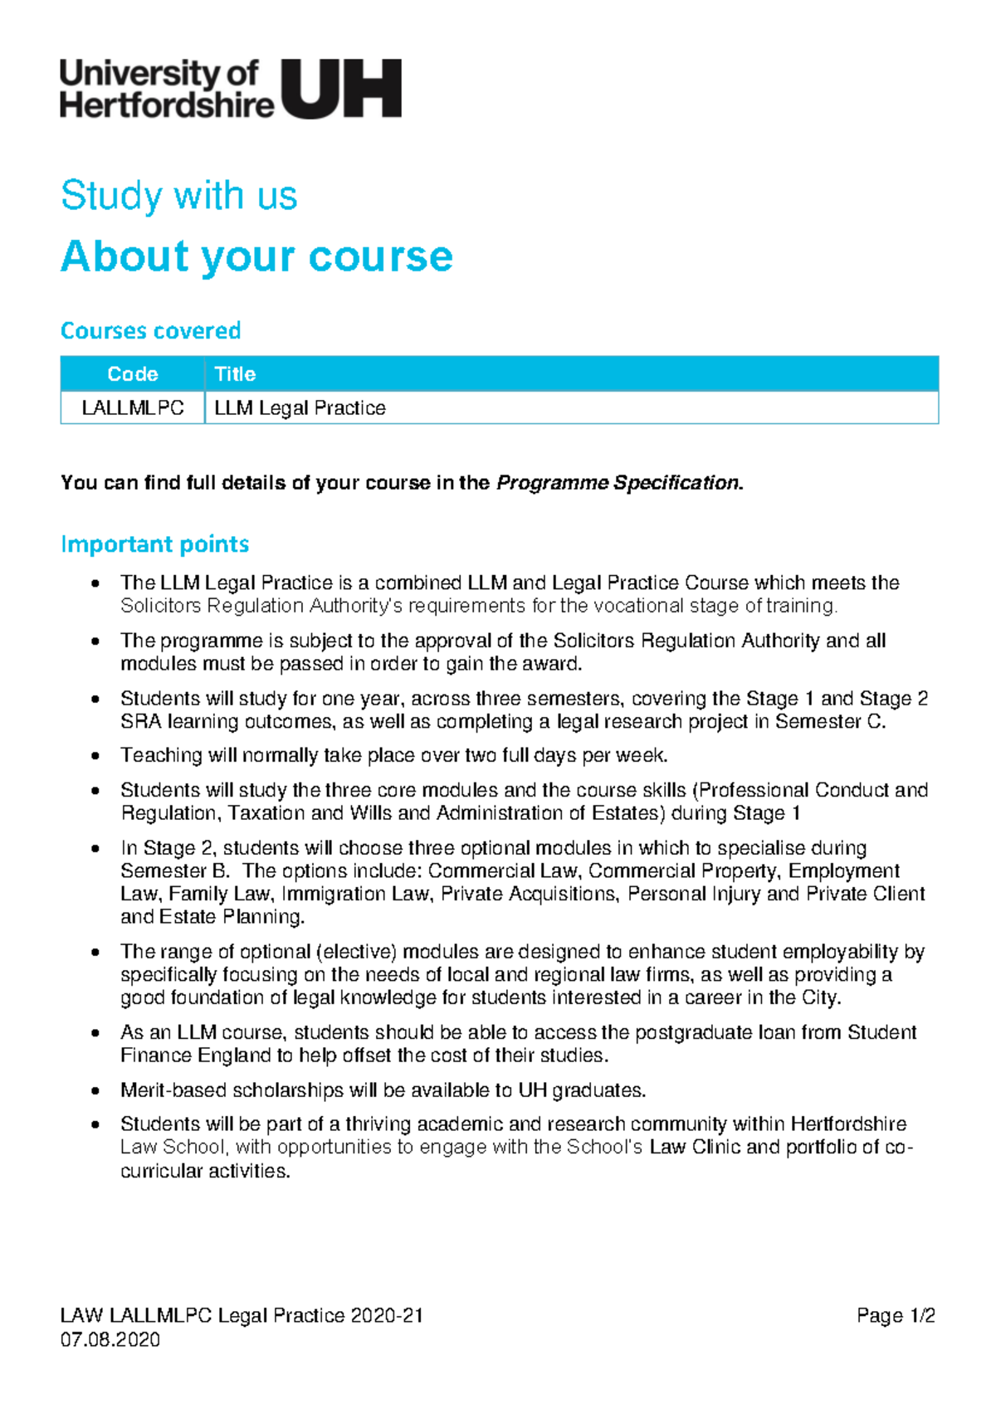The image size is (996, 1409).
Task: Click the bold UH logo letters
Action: pyautogui.click(x=342, y=89)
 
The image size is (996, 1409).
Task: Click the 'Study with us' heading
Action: pyautogui.click(x=178, y=196)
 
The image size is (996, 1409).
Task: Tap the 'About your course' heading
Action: pyautogui.click(x=256, y=256)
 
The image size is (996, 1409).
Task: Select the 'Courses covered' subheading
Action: pyautogui.click(x=150, y=330)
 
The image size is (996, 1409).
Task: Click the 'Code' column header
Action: pyautogui.click(x=133, y=374)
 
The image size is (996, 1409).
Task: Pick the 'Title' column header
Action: pyautogui.click(x=235, y=374)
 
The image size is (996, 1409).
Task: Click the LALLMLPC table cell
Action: pyautogui.click(x=133, y=408)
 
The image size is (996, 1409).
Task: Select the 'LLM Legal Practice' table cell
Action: pyautogui.click(x=300, y=408)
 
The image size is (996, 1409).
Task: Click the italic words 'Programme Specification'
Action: pyautogui.click(x=617, y=483)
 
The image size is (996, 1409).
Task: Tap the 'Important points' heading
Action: pyautogui.click(x=154, y=544)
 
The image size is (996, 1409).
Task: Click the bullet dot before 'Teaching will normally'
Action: pyautogui.click(x=97, y=756)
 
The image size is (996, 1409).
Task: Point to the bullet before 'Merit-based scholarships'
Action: pyautogui.click(x=97, y=1091)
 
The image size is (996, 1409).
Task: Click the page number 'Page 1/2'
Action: pyautogui.click(x=896, y=1316)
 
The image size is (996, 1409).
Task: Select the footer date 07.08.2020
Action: pyautogui.click(x=110, y=1339)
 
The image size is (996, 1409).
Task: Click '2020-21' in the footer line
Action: pyautogui.click(x=387, y=1316)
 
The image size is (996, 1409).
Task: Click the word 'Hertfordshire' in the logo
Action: pyautogui.click(x=166, y=105)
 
